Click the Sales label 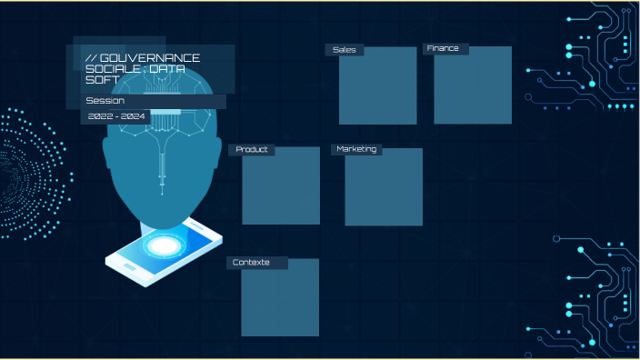click(x=345, y=50)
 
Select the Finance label click(x=443, y=48)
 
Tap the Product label click(x=252, y=149)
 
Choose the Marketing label click(x=356, y=149)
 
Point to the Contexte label click(x=251, y=263)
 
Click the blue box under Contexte click(x=280, y=297)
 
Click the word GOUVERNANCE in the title click(x=150, y=58)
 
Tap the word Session click(x=105, y=101)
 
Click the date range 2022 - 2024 click(x=116, y=116)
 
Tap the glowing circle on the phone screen click(x=165, y=245)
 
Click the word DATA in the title click(x=167, y=69)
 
